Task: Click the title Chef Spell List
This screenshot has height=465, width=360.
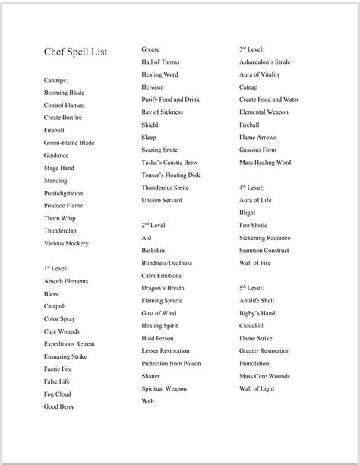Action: click(75, 52)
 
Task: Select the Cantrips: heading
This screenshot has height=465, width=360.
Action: click(56, 80)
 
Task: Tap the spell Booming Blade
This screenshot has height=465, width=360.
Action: click(64, 93)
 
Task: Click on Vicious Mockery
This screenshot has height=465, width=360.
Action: click(66, 243)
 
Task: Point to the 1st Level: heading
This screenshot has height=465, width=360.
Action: click(56, 269)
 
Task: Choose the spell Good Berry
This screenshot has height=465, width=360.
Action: click(60, 406)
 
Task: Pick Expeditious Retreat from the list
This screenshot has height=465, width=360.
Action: click(69, 343)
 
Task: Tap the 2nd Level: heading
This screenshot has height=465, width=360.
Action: click(154, 225)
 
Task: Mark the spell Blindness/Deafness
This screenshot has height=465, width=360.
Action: click(166, 263)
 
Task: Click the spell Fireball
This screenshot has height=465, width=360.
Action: click(249, 125)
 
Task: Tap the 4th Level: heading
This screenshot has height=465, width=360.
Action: click(251, 187)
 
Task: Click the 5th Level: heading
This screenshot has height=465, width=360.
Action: click(251, 288)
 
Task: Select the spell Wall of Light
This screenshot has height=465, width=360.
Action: click(257, 388)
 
